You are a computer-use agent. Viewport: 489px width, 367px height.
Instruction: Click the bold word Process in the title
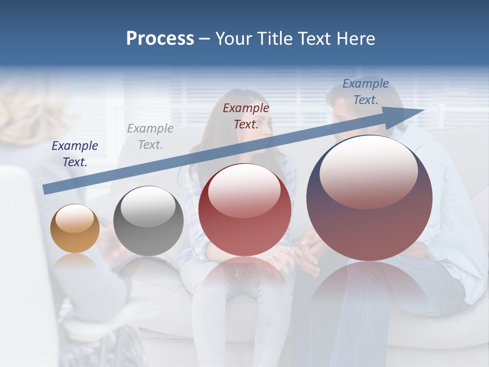[160, 39]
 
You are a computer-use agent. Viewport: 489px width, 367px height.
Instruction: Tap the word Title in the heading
[275, 39]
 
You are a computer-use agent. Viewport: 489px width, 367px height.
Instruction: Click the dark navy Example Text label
[75, 154]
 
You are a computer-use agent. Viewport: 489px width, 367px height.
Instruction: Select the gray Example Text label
[150, 137]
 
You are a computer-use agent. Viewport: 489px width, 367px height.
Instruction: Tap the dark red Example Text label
[246, 116]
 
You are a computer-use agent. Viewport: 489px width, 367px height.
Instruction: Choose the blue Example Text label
[365, 92]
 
